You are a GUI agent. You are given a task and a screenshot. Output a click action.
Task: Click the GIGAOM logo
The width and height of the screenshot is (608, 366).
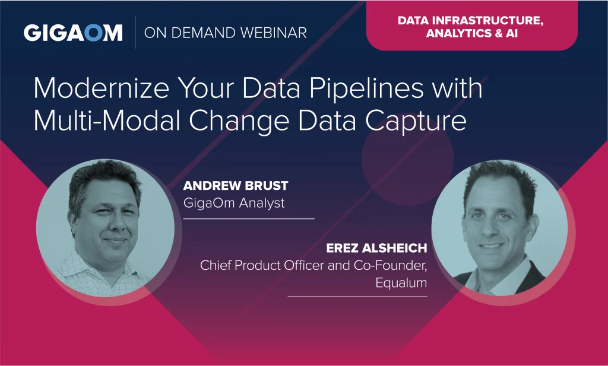tap(73, 33)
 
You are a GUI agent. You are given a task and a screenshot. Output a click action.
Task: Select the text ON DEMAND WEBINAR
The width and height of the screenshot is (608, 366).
tap(225, 33)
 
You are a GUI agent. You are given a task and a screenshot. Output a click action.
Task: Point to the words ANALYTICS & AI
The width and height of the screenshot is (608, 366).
tap(472, 33)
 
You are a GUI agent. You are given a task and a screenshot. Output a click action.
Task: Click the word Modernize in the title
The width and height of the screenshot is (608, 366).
tap(102, 88)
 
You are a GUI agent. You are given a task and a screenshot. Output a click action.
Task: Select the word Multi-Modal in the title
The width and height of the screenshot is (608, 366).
tap(107, 120)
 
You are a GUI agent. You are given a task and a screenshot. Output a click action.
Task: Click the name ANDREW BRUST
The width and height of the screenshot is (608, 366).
tap(236, 186)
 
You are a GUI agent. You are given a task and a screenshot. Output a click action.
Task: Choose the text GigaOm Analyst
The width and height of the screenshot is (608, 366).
tap(234, 203)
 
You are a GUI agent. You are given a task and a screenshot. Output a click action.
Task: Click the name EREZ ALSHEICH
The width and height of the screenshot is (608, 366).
tap(376, 248)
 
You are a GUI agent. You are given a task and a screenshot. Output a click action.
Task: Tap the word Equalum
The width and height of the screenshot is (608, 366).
tap(401, 283)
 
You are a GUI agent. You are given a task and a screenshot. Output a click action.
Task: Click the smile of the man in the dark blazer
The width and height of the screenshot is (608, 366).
tap(492, 246)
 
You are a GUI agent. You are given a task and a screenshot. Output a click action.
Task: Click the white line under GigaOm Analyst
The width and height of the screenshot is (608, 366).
tap(249, 219)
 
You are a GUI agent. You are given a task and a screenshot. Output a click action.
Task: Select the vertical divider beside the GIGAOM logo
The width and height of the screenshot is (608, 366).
tap(135, 33)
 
